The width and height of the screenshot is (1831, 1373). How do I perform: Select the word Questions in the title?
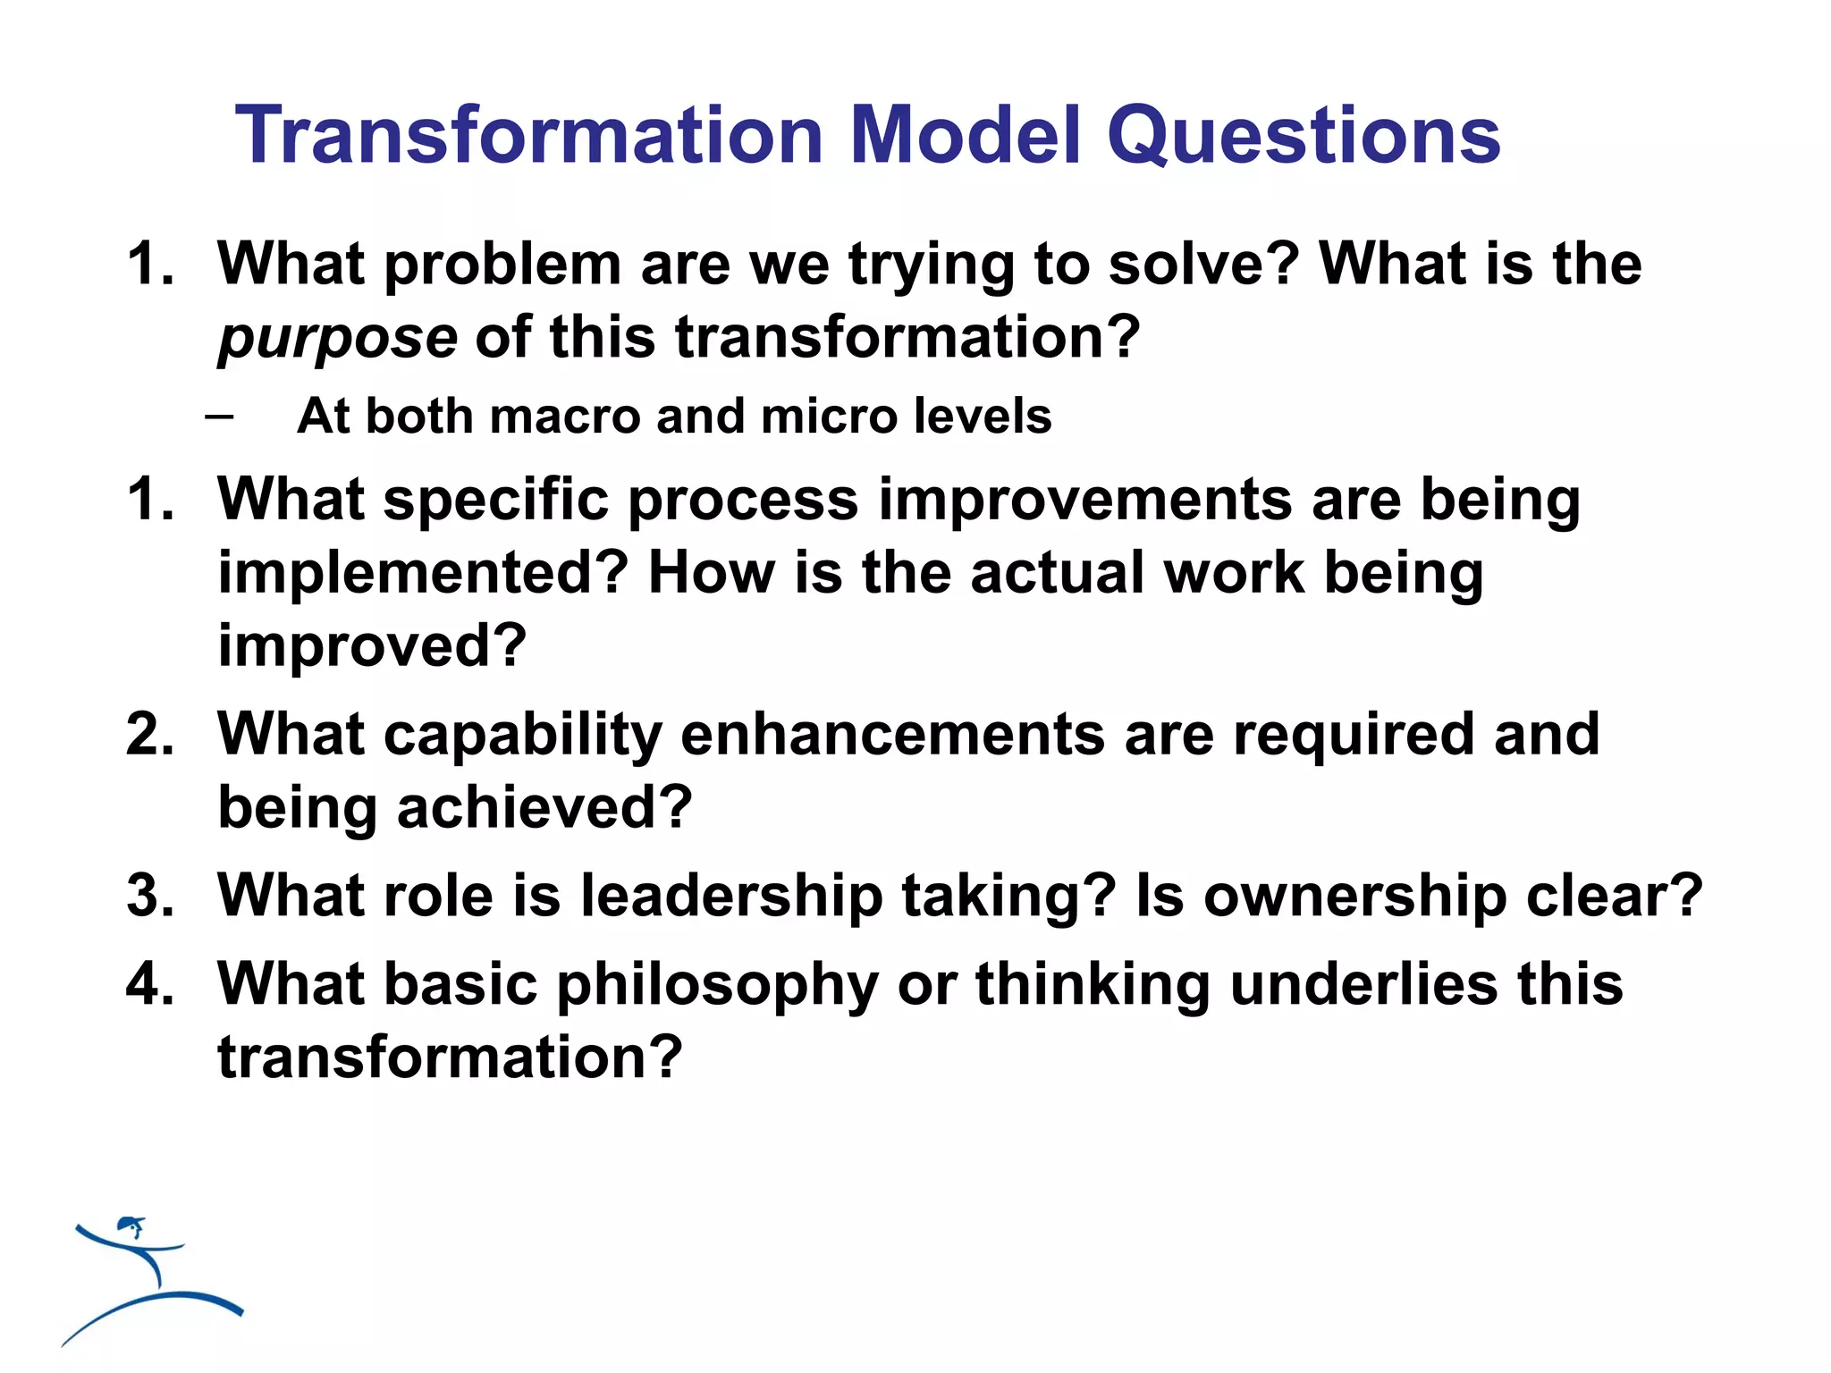coord(1303,136)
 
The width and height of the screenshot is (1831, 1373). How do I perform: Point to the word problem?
coord(502,266)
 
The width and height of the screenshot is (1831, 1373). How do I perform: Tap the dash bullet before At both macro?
coord(219,417)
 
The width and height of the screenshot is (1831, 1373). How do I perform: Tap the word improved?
coord(372,646)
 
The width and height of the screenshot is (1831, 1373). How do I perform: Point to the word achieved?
coord(544,808)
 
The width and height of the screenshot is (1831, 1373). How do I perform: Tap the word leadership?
coord(731,896)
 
